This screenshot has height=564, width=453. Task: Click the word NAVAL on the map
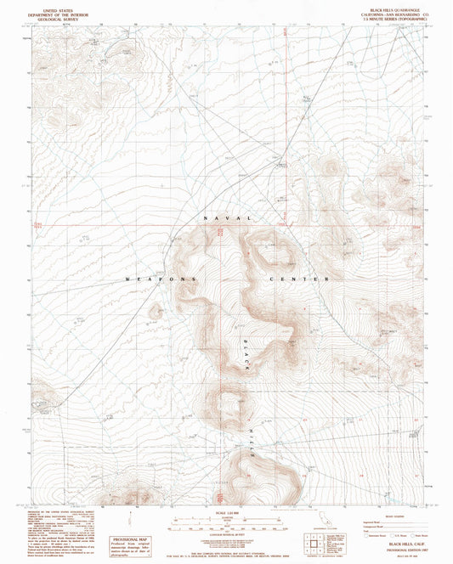pyautogui.click(x=227, y=219)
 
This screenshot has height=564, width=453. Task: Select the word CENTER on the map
pyautogui.click(x=297, y=279)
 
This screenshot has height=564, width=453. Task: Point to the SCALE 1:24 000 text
pyautogui.click(x=226, y=510)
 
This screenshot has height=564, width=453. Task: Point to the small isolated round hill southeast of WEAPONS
pyautogui.click(x=154, y=312)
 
